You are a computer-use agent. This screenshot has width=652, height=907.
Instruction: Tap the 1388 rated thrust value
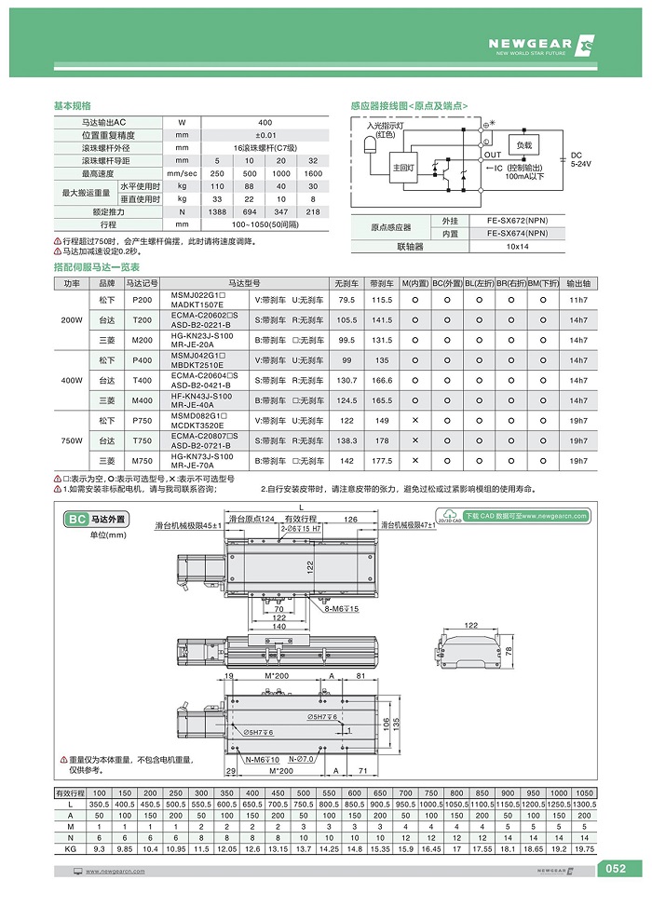(x=216, y=211)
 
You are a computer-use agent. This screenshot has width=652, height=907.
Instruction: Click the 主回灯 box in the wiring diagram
(x=404, y=168)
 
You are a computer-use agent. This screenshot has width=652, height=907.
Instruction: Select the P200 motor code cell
(x=143, y=300)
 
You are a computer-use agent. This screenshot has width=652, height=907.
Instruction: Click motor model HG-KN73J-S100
(x=202, y=456)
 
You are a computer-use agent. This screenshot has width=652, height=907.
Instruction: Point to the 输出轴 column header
(x=578, y=282)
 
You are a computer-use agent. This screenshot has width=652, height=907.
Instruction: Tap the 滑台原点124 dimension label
(x=254, y=519)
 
